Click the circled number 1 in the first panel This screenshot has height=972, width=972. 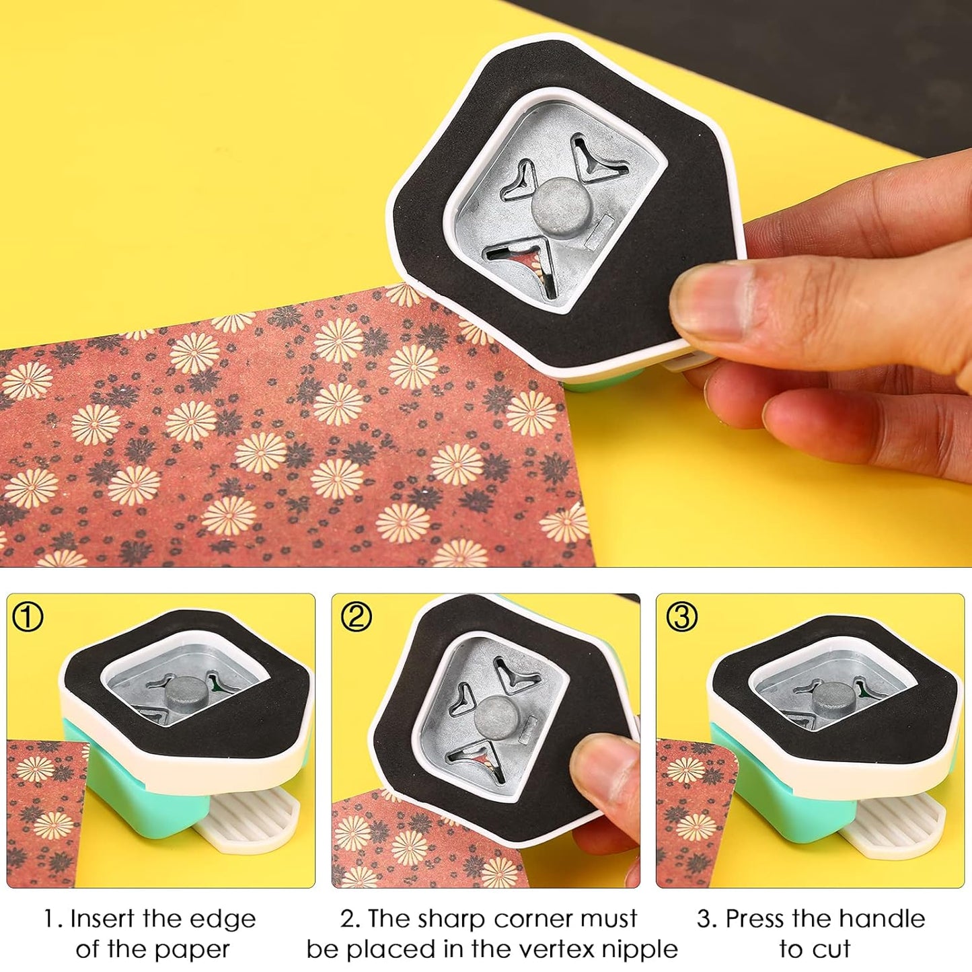(28, 617)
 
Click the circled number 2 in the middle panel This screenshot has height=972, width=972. (356, 617)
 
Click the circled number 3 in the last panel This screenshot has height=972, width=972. (681, 617)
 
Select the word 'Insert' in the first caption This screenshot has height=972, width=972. (103, 919)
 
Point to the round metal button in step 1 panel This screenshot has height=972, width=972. (185, 693)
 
